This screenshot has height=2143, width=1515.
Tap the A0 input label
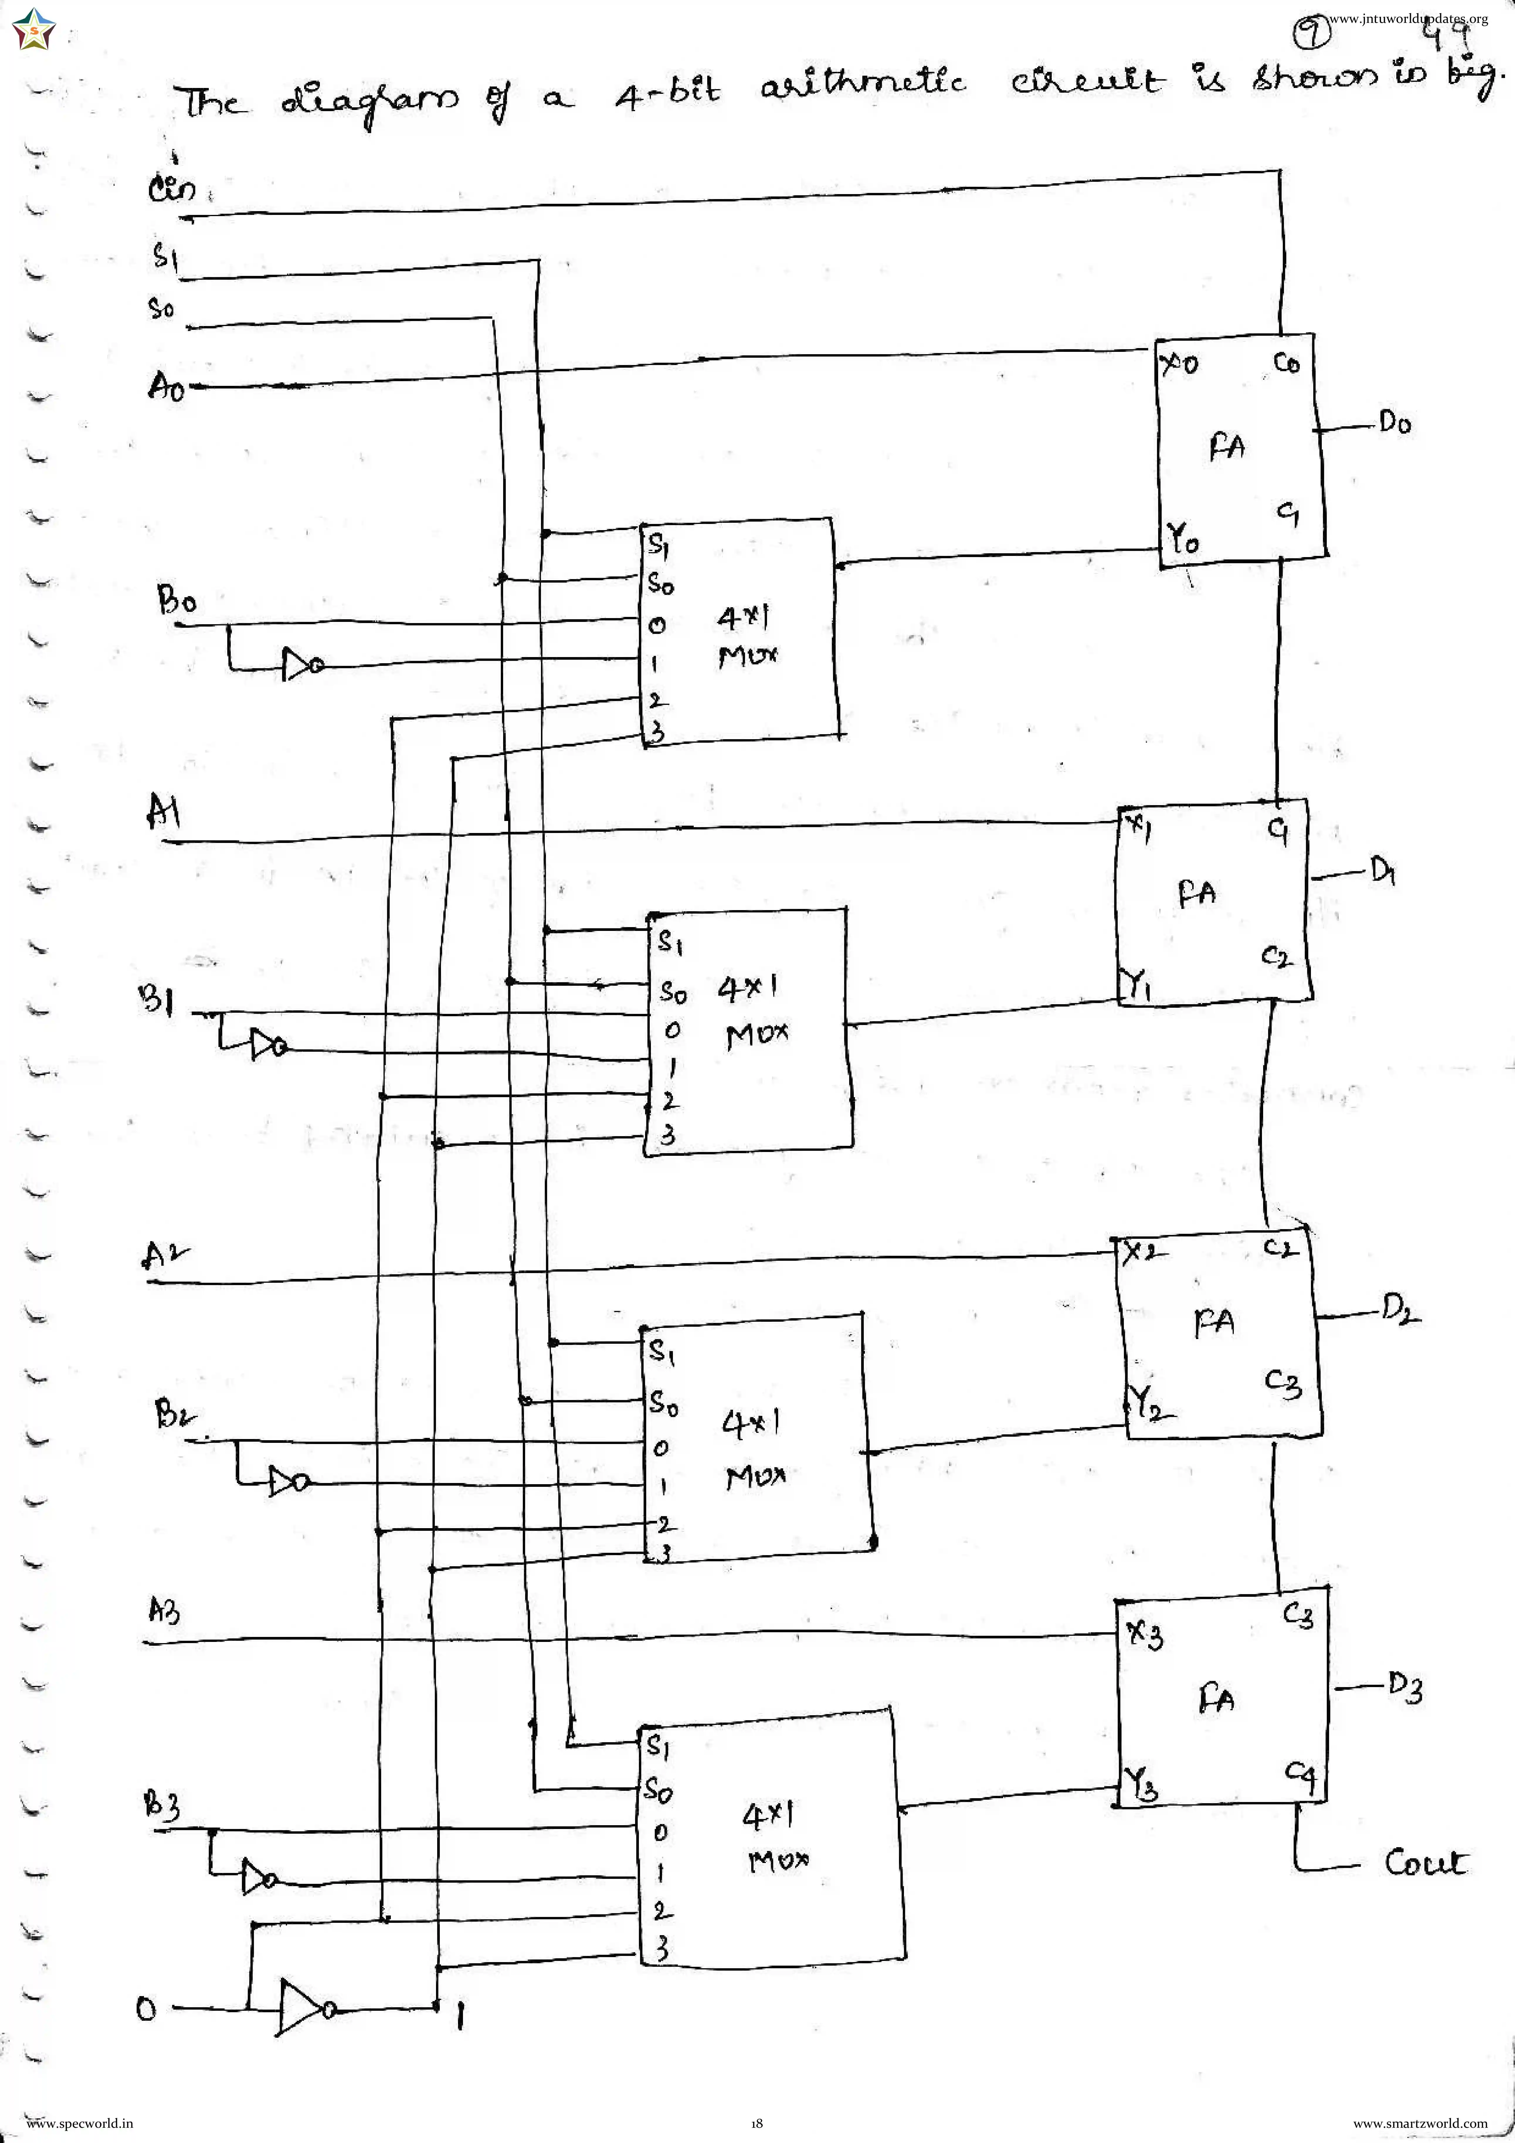[x=166, y=386]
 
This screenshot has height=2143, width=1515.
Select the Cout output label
[x=1424, y=1862]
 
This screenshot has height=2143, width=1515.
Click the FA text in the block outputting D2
[x=1214, y=1322]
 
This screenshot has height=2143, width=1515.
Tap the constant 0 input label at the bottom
[x=147, y=2008]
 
